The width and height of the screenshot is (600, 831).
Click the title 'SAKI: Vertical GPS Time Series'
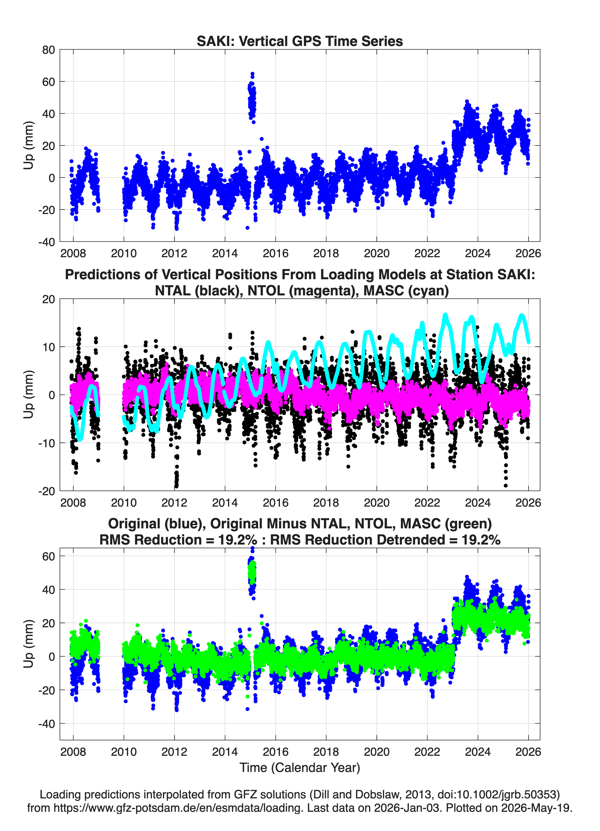coord(300,41)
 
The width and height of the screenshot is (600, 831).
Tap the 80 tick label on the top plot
coord(48,50)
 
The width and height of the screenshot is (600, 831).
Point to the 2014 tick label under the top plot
coord(225,253)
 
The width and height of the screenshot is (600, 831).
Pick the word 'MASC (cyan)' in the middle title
coord(406,291)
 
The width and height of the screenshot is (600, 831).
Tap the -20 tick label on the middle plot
coord(47,491)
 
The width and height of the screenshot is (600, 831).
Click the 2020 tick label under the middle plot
coord(377,502)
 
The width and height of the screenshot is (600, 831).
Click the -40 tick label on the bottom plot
coord(47,724)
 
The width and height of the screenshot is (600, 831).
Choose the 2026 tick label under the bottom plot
coord(528,752)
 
